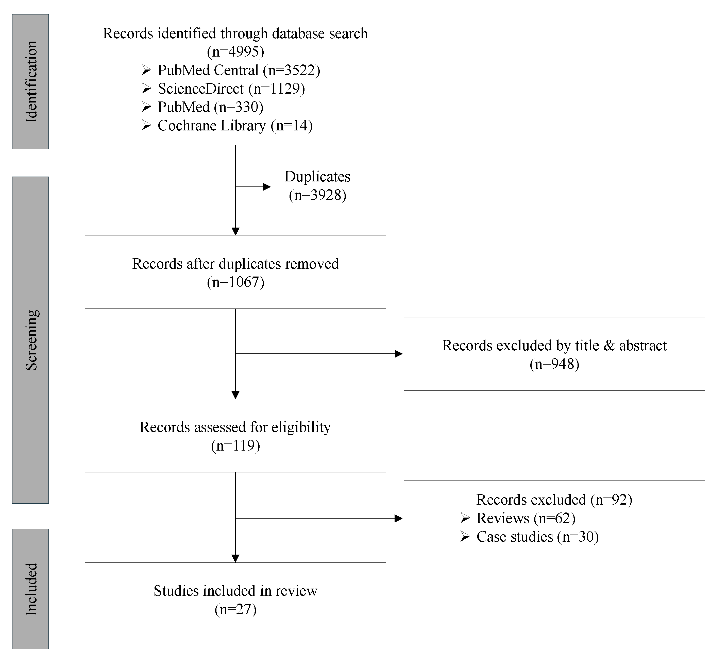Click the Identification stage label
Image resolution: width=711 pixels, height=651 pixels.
click(x=31, y=81)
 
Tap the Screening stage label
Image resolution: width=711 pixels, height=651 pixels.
click(x=31, y=340)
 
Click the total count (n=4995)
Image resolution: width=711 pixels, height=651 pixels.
click(x=235, y=52)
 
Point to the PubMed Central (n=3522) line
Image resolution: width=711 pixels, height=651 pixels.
click(x=239, y=70)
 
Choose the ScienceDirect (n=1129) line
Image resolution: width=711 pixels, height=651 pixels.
click(x=231, y=89)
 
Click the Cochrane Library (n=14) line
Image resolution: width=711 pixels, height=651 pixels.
click(x=235, y=126)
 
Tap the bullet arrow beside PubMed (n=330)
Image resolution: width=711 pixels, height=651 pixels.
click(x=146, y=107)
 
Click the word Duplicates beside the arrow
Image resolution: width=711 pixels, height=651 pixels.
click(x=317, y=176)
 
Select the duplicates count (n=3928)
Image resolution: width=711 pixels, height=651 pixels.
click(x=317, y=195)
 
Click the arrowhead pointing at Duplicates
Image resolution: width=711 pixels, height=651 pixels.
click(x=267, y=187)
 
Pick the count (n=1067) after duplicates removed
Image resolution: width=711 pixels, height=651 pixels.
click(x=235, y=282)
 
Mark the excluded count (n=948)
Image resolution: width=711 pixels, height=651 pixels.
click(x=554, y=364)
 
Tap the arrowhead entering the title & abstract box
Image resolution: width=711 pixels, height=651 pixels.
click(x=399, y=354)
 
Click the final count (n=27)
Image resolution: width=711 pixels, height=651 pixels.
click(x=235, y=609)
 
